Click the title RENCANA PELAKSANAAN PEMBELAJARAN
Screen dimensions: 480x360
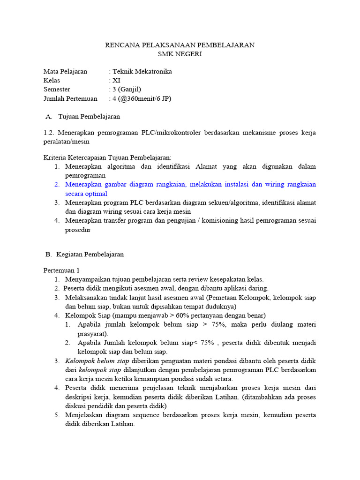pos(180,45)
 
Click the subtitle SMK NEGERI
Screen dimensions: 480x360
pos(180,54)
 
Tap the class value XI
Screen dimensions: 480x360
pos(116,81)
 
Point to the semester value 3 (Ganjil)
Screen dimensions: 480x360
pos(127,90)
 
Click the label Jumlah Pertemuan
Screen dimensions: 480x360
pos(70,98)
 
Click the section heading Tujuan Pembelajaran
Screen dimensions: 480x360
pos(89,116)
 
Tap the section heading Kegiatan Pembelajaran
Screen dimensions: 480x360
pos(90,255)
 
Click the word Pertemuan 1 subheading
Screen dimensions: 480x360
pos(62,270)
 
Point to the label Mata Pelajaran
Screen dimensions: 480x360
pos(65,72)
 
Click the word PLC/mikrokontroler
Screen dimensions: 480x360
pos(171,133)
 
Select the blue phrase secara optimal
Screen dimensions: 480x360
pos(86,194)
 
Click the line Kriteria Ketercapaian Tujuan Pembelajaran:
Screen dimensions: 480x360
pos(107,157)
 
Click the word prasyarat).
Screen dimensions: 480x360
pos(93,334)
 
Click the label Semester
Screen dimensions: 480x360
pos(57,90)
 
